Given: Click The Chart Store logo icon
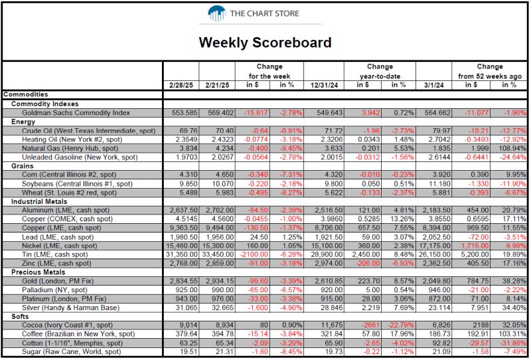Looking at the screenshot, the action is [x=217, y=13].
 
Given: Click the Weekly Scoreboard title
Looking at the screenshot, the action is [x=265, y=43].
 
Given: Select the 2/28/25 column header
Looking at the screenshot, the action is [x=181, y=86].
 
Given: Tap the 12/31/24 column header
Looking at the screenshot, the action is [x=324, y=86].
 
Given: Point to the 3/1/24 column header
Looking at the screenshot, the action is [x=434, y=86].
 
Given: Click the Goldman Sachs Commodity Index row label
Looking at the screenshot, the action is [x=76, y=113].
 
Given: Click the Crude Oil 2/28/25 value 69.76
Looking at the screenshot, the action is [x=189, y=131].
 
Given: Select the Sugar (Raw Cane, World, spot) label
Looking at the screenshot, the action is [x=72, y=351].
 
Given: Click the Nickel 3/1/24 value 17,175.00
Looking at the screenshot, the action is [x=435, y=246].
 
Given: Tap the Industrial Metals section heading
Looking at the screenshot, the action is [x=39, y=201].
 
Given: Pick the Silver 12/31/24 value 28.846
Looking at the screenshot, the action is [x=332, y=308].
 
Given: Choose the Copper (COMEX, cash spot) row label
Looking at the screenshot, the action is [x=68, y=219].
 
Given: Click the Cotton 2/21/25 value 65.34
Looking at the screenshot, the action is [x=225, y=343].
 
